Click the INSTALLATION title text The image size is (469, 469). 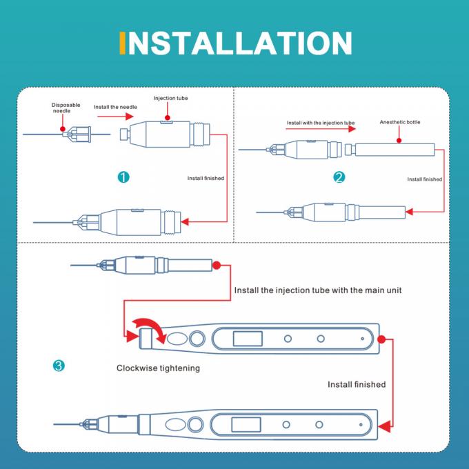236,43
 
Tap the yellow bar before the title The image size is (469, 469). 122,43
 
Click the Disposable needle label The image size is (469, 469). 66,108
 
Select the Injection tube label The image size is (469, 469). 170,98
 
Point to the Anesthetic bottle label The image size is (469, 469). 400,122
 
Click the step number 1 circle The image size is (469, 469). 123,177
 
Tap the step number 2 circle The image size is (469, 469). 339,177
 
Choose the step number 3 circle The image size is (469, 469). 59,366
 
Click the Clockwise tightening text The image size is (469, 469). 158,368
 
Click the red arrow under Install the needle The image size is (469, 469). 115,116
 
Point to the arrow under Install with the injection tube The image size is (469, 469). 321,128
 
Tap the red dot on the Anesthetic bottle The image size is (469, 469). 399,140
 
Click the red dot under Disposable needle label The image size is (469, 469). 63,129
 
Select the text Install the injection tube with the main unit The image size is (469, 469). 318,290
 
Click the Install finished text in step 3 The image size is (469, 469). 357,384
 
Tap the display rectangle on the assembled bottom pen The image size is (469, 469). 246,425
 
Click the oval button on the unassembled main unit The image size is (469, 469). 177,339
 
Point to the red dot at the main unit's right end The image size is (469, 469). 381,339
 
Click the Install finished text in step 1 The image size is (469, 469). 206,178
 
